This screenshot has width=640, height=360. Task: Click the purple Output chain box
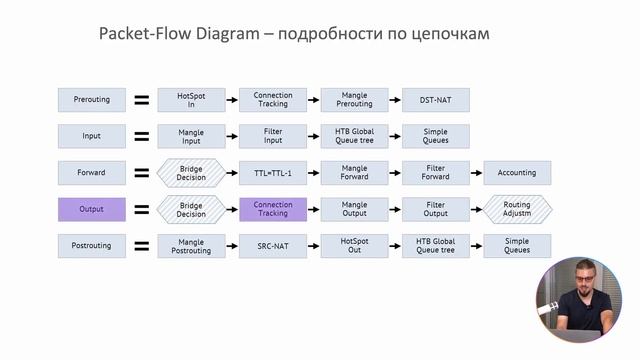tap(92, 209)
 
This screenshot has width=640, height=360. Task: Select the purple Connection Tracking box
tap(273, 209)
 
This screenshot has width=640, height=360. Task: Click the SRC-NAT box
tap(273, 246)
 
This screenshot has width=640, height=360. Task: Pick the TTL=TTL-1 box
tap(273, 173)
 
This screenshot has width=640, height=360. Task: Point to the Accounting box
tap(517, 173)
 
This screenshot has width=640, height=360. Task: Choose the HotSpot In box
tap(191, 100)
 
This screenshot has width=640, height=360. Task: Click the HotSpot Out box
tap(354, 246)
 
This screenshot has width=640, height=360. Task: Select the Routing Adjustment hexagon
tap(517, 209)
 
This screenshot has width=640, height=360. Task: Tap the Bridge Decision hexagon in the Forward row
tap(191, 173)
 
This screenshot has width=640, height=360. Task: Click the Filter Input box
tap(273, 136)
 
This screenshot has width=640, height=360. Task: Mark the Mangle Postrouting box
tap(191, 246)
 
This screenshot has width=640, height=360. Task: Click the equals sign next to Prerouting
tap(142, 100)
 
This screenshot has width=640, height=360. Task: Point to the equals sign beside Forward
tap(142, 173)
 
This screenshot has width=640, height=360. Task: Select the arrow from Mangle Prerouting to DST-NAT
tap(395, 100)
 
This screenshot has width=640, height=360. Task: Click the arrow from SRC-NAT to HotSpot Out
tap(314, 246)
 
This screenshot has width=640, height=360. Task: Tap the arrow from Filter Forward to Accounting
tap(476, 173)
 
